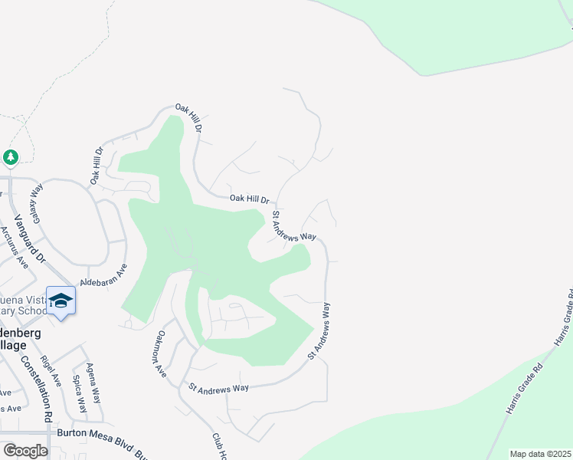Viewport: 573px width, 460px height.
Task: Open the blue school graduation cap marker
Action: tap(61, 301)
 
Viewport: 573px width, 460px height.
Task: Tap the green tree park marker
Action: tap(10, 157)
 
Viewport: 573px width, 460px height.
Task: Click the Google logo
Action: tap(25, 451)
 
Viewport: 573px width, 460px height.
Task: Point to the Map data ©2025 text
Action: tap(540, 454)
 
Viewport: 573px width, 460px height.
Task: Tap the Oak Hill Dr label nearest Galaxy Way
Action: tap(97, 166)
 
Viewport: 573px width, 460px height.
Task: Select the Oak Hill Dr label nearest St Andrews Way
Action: tap(250, 199)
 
